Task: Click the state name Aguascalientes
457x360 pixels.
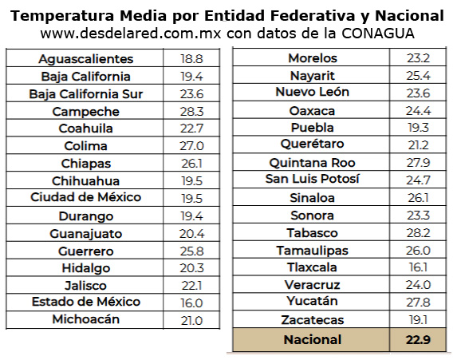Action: (85, 59)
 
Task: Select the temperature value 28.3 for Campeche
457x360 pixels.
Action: (191, 111)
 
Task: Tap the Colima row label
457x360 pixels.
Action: (85, 146)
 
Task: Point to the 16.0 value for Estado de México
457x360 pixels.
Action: (191, 303)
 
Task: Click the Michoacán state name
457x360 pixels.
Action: (85, 319)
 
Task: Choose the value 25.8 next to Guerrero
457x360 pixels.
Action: (191, 251)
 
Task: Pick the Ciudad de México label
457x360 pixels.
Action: (85, 197)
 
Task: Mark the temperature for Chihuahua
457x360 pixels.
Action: (191, 181)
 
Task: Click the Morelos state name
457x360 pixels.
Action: (313, 58)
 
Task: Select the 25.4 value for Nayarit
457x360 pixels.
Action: (417, 76)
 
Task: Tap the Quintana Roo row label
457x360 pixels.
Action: (313, 162)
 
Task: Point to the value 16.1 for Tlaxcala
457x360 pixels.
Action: (417, 267)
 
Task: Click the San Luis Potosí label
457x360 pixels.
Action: (313, 179)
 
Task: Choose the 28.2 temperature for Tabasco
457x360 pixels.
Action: (417, 232)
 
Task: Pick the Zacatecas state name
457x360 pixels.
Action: (313, 320)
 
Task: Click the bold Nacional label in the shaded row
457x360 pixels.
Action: (313, 340)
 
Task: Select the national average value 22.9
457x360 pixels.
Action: (417, 340)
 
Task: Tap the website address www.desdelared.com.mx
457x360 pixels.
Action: (130, 34)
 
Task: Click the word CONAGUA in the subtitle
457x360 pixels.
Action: (378, 34)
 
